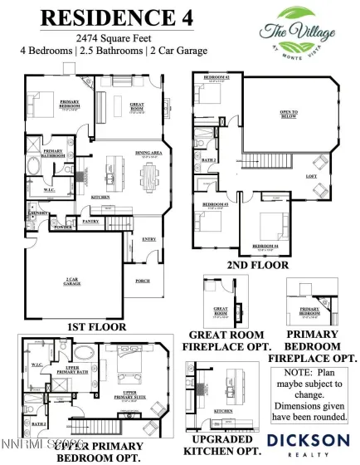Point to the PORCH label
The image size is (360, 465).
point(142,281)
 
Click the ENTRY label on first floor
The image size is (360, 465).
point(149,238)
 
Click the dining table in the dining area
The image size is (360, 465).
point(149,175)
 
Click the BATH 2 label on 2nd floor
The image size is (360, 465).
point(210,159)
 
